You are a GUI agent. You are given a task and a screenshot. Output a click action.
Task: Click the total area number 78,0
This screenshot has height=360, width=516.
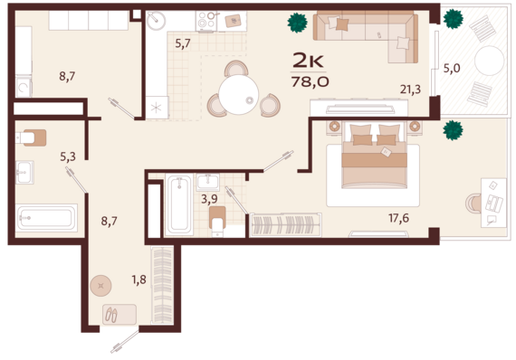pos(310,81)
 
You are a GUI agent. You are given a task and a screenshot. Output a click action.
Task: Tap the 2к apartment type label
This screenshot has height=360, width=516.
pos(309,61)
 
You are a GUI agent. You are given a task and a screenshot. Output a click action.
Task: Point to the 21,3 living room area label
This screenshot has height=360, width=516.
pos(410,90)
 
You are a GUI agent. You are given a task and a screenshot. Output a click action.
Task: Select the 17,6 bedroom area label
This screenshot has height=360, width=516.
pos(399,218)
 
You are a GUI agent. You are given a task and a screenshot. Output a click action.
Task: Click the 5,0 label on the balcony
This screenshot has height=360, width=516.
pos(452,69)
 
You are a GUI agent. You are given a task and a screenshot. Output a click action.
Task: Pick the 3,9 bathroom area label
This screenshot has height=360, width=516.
pos(209,199)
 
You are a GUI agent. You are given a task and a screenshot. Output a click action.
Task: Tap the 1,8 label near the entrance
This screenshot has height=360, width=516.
pos(139,279)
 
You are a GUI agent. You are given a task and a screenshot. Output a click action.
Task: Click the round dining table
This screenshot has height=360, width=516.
pos(239,95)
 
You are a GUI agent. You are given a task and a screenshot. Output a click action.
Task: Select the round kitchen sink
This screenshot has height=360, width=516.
pos(156,21)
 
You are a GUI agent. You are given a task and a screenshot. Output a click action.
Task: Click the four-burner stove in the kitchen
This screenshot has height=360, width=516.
pos(206,21)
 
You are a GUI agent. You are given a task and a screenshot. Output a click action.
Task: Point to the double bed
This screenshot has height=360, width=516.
pos(374,156)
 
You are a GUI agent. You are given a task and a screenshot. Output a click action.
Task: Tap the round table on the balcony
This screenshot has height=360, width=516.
pos(490,61)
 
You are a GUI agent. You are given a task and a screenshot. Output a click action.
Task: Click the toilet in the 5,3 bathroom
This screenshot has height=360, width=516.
pos(32,137)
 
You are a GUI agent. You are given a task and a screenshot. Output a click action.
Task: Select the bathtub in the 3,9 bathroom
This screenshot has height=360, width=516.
pos(179,204)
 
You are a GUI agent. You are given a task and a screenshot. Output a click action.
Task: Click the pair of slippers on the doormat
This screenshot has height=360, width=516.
pos(111,315)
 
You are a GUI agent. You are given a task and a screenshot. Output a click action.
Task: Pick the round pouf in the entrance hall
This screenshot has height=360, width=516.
pos(100,286)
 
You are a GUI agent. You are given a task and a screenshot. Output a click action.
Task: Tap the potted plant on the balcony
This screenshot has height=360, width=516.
pos(454,19)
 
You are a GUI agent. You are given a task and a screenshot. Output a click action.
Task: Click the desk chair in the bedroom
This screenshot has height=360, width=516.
pos(473,204)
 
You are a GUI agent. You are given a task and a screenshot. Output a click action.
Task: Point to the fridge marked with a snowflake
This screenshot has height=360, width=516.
pos(157,107)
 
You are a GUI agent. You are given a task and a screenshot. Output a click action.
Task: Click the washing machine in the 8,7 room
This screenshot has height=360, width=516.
pos(24,87)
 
